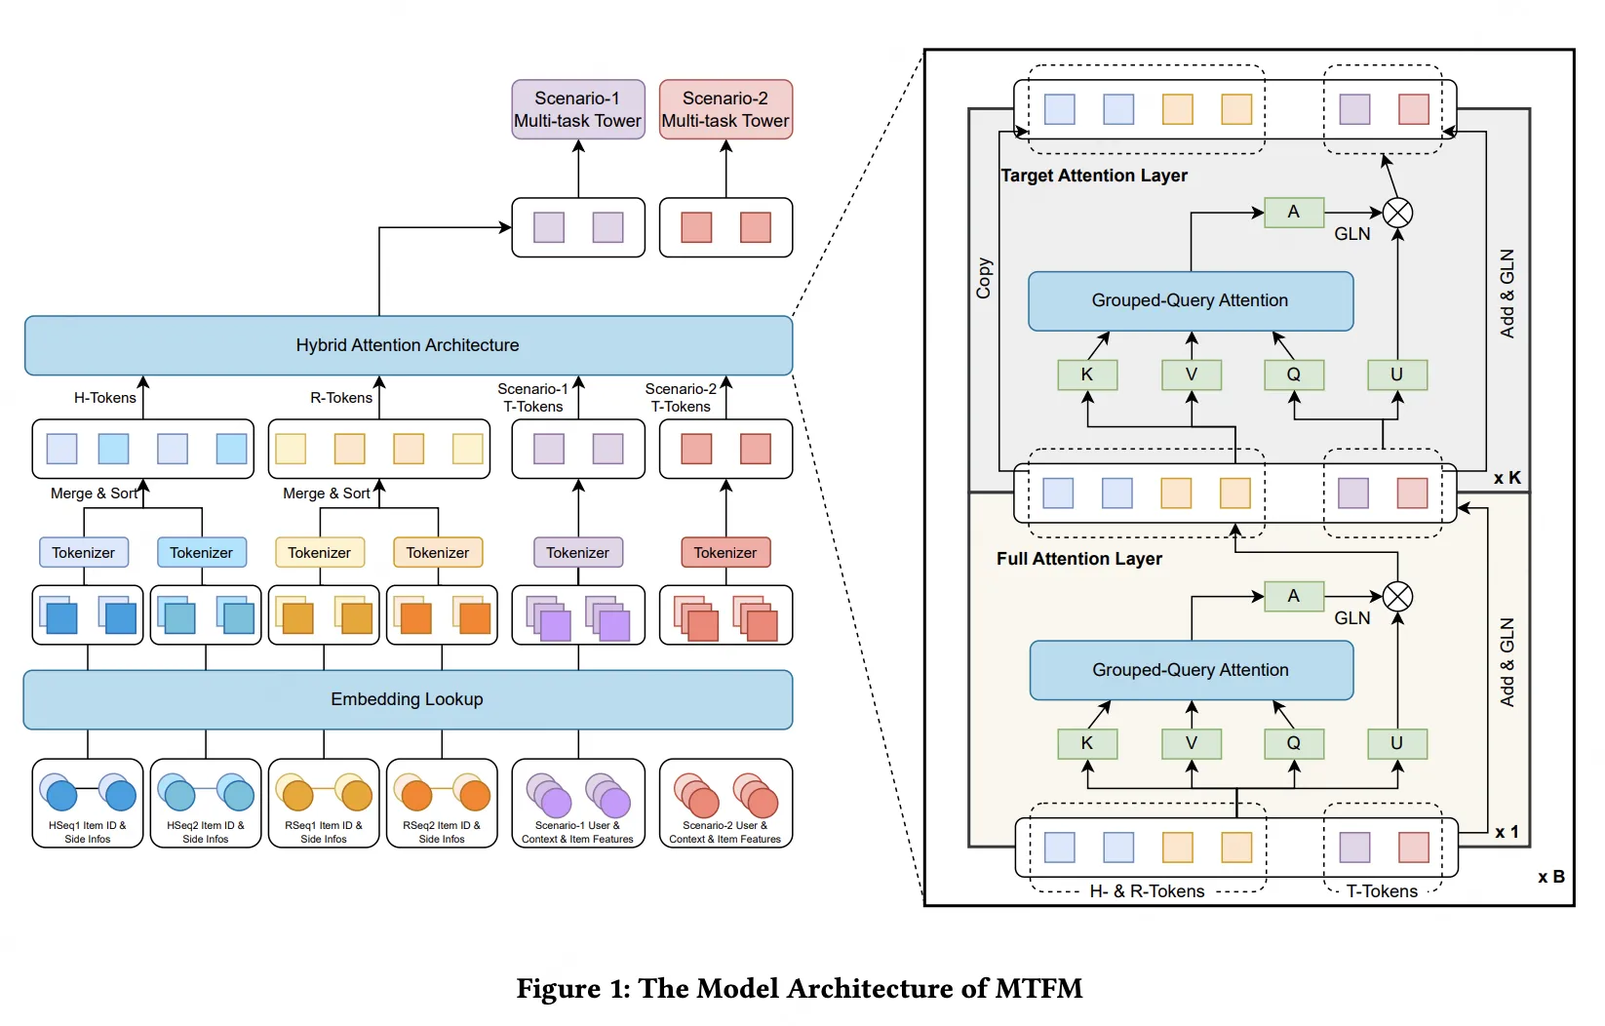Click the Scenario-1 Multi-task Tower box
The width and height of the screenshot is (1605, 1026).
[578, 109]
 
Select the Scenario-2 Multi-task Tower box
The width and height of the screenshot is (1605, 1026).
[725, 109]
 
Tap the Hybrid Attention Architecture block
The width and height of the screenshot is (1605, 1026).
[409, 345]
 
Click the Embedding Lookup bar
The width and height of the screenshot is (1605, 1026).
[408, 699]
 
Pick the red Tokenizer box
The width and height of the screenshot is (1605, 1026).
[725, 552]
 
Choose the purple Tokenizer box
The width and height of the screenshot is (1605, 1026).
[578, 552]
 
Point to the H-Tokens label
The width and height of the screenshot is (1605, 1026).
[104, 398]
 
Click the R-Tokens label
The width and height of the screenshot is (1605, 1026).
[341, 398]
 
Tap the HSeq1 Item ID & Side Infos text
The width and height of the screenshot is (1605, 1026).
[88, 832]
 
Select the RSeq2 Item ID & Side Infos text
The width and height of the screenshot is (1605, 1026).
[442, 832]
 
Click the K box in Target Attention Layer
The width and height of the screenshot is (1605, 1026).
[1087, 375]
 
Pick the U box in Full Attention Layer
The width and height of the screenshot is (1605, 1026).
[1397, 744]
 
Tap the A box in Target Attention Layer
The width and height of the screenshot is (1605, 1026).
[1294, 212]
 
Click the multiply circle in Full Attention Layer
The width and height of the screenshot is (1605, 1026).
[1397, 596]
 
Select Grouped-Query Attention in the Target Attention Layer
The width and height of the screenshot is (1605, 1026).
[1191, 301]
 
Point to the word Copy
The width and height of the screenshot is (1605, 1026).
[984, 278]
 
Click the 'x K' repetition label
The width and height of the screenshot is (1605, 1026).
[1507, 478]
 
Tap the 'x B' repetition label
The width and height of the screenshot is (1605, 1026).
[1551, 877]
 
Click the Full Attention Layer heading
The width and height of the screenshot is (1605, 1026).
[1079, 559]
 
